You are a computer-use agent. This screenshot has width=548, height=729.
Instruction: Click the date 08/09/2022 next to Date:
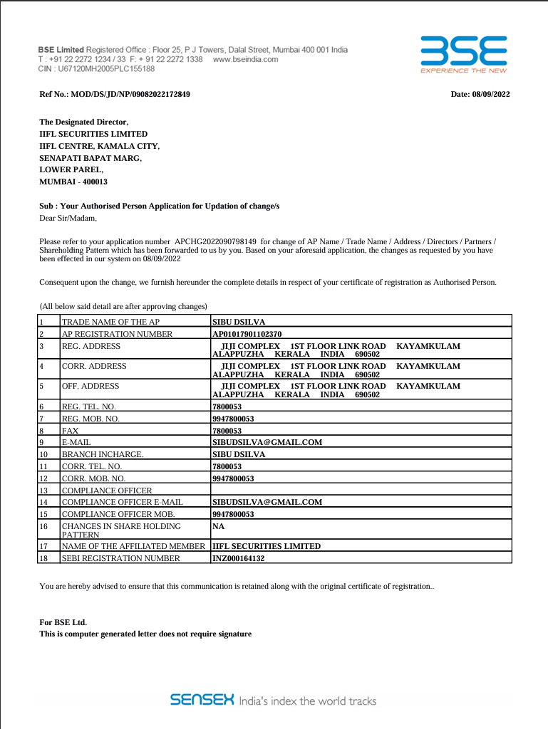point(491,95)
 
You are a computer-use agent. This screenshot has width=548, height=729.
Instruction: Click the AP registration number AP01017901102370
point(247,333)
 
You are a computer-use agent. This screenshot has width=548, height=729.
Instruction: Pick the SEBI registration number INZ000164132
point(238,558)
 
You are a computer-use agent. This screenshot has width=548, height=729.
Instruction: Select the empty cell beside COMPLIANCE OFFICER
point(361,491)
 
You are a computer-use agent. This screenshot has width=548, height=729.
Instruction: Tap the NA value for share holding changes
point(218,526)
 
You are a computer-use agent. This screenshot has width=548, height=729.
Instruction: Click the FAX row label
point(70,431)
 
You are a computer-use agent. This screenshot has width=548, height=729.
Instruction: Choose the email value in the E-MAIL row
point(267,442)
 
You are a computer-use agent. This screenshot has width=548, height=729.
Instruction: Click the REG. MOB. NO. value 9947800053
point(233,419)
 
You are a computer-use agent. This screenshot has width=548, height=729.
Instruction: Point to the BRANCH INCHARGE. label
point(103,453)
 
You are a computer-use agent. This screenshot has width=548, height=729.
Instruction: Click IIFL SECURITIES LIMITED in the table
point(267,546)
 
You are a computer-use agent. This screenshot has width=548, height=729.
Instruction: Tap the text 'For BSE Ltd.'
point(63,622)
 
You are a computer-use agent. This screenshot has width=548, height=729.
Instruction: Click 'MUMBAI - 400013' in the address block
point(73,182)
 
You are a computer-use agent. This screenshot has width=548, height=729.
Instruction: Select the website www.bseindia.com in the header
point(245,60)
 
